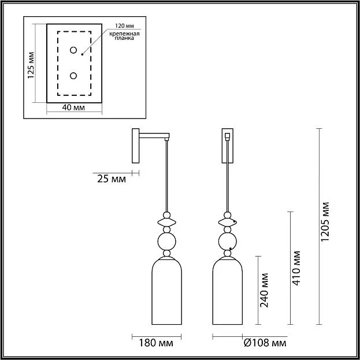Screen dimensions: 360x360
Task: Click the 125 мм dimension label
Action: (31, 65)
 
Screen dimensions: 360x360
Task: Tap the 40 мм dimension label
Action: (73, 107)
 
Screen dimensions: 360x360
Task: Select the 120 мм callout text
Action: (124, 25)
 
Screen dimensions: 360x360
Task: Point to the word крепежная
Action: (124, 34)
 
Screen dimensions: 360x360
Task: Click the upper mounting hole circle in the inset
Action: (73, 50)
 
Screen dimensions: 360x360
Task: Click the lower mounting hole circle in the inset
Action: (73, 76)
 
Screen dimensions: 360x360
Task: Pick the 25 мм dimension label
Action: (112, 179)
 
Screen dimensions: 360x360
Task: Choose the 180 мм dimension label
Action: (156, 343)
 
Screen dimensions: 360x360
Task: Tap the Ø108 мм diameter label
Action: (265, 343)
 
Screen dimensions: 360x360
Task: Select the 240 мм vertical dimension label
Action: (264, 290)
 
